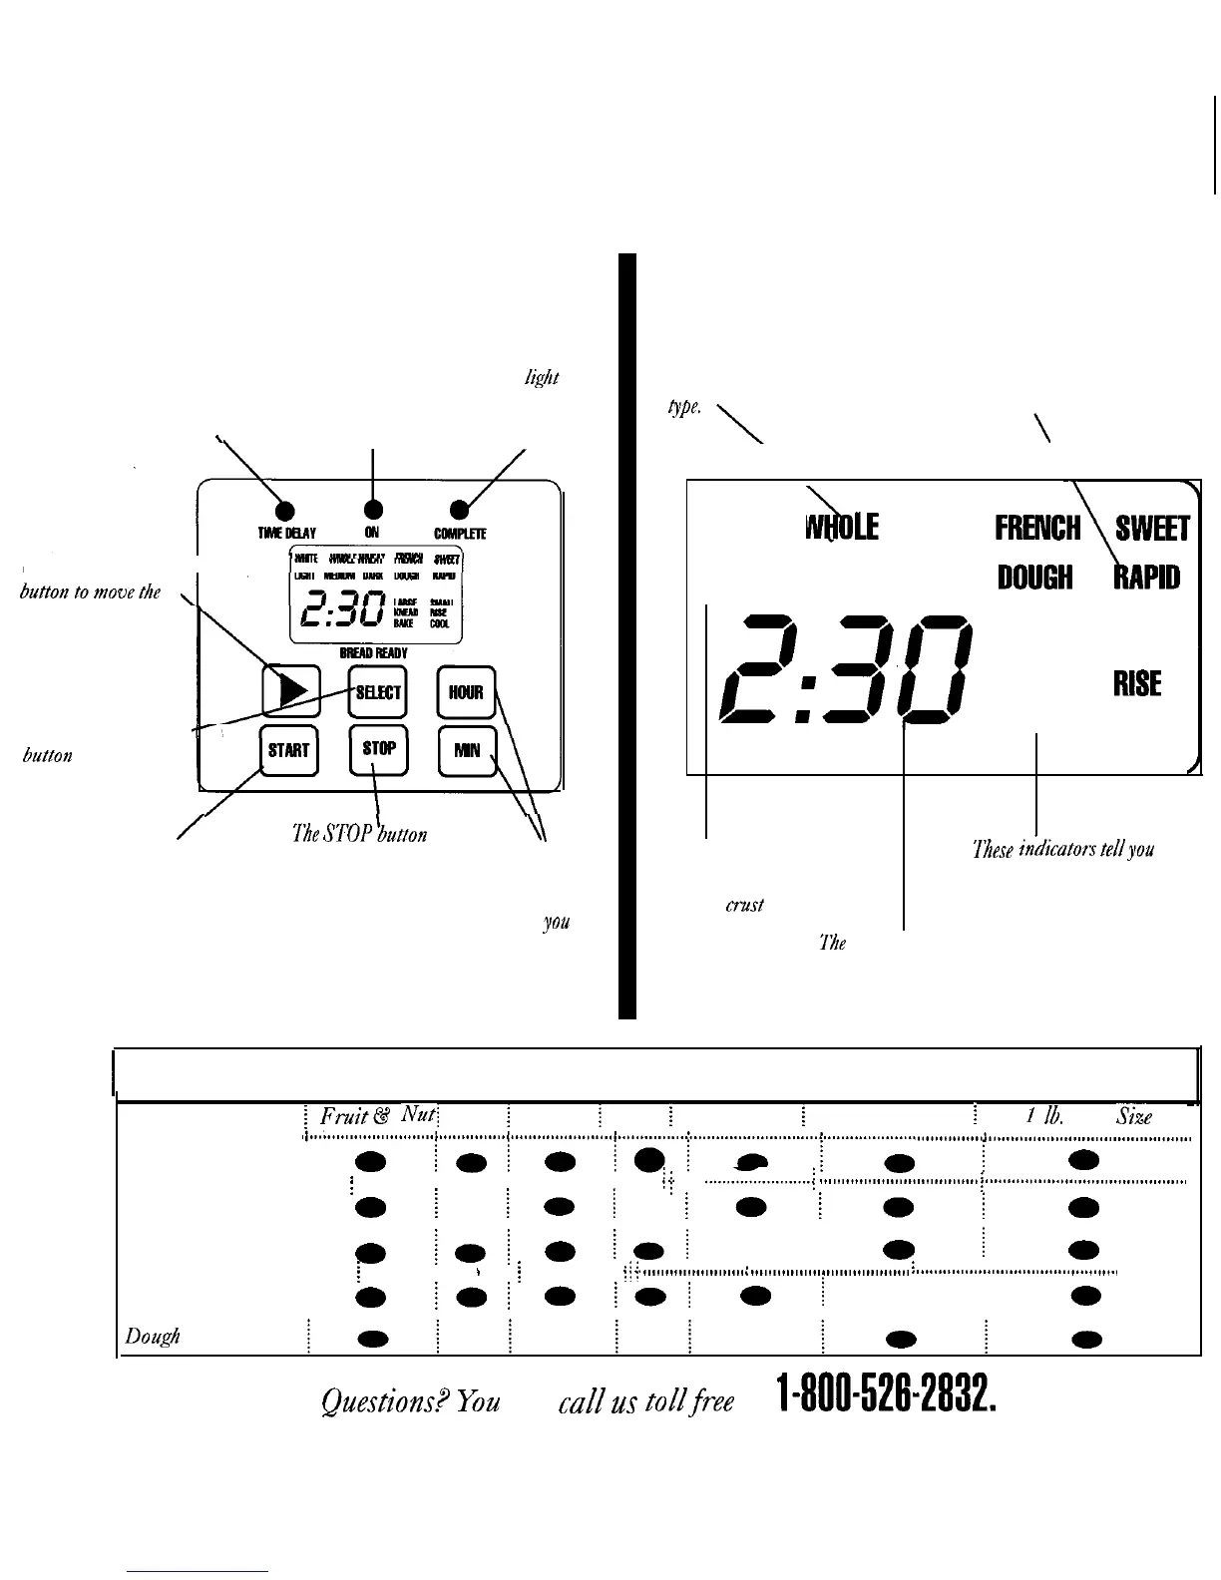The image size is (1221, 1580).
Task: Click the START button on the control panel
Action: point(288,750)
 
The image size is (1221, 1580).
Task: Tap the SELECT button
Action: point(378,692)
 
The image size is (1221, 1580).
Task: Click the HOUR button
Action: point(466,692)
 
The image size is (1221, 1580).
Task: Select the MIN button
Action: point(467,750)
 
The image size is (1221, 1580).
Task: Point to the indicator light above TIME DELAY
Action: point(283,510)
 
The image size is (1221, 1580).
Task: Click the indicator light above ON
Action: point(372,510)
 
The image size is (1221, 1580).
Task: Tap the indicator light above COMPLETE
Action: point(459,510)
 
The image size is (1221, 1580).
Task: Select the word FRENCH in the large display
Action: point(1037,527)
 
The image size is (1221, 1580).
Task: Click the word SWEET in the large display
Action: point(1153,528)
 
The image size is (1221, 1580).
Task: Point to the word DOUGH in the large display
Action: point(1034,578)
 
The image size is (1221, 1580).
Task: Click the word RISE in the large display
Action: point(1137,683)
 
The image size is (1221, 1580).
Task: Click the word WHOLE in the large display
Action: point(841,527)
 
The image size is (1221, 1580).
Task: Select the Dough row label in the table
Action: point(152,1337)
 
